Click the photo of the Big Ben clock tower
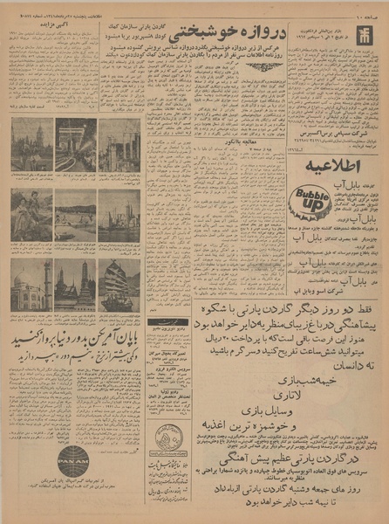pyautogui.click(x=31, y=144)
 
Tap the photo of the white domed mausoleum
pyautogui.click(x=31, y=284)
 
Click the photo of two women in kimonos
pyautogui.click(x=31, y=215)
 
